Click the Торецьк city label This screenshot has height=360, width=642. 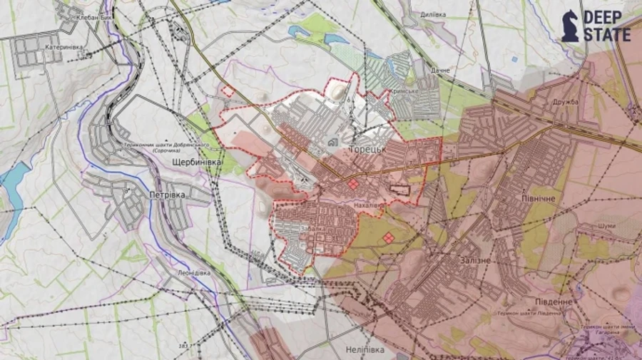point(368,148)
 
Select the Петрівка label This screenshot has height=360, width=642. point(167,194)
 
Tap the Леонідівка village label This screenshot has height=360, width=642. point(190,272)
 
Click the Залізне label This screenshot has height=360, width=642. point(471,261)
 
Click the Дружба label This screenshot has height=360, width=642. point(565,101)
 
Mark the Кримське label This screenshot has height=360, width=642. point(404,93)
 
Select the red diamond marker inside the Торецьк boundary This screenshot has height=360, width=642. point(353,185)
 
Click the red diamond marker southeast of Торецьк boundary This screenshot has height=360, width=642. point(388,237)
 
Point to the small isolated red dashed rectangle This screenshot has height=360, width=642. point(228,91)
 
